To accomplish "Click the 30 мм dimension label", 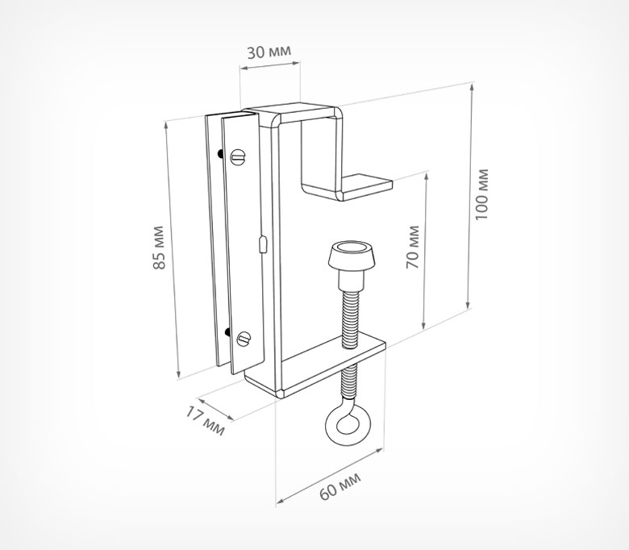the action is [269, 52].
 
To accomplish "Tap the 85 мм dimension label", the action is [159, 248].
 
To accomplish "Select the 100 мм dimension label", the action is [481, 194].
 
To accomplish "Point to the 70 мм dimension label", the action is [413, 247].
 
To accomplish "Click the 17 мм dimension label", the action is [205, 420].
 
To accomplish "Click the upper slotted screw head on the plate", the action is [239, 156].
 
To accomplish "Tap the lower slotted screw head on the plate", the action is [244, 339].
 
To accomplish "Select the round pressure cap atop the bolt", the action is [352, 256].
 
